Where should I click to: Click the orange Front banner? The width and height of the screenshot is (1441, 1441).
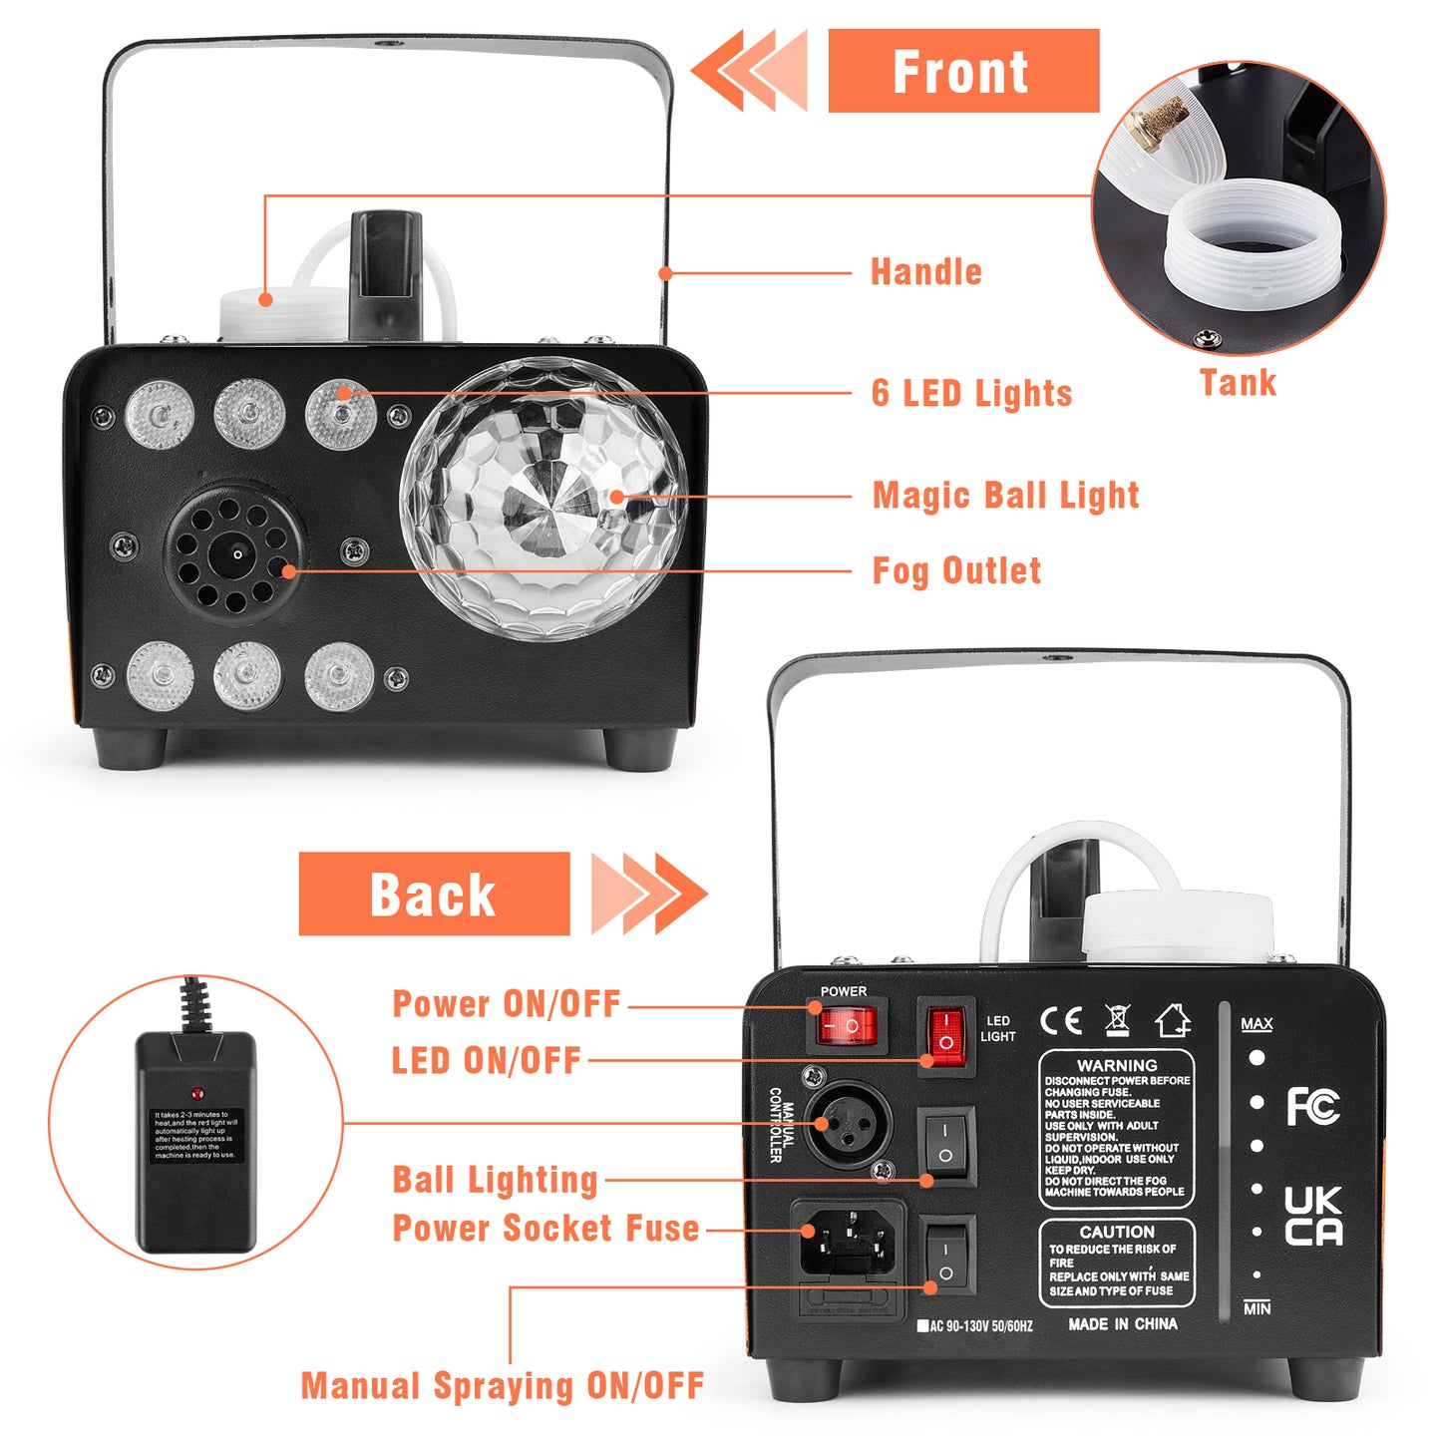[x=962, y=71]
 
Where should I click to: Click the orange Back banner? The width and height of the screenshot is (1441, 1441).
[x=434, y=894]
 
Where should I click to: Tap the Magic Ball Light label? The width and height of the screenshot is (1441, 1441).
[x=1005, y=495]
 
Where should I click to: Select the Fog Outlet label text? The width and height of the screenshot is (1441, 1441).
[x=956, y=570]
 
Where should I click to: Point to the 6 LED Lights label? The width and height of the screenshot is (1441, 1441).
[x=971, y=393]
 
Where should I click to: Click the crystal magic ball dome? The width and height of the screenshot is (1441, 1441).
[x=544, y=499]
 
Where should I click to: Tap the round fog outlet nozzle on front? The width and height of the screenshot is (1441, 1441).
[x=235, y=554]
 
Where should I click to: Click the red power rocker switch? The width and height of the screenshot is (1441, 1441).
[x=847, y=1025]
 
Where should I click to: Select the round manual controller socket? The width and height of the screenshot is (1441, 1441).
[x=849, y=1123]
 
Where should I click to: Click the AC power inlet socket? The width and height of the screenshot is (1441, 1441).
[x=848, y=1246]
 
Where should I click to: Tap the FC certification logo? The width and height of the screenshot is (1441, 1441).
[x=1311, y=1107]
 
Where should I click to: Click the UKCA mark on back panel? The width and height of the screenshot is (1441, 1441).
[x=1312, y=1217]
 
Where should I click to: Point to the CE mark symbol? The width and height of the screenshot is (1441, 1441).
[x=1060, y=1021]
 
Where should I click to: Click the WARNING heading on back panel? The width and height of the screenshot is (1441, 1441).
[x=1117, y=1065]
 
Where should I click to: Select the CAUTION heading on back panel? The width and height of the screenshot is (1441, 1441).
[x=1117, y=1232]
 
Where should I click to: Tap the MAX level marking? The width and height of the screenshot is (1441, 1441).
[x=1257, y=1024]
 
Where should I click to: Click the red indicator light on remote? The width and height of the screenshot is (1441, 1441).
[x=197, y=1094]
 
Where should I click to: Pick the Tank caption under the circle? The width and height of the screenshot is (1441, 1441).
[x=1238, y=383]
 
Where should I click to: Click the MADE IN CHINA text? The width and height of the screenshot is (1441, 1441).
[x=1123, y=1324]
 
